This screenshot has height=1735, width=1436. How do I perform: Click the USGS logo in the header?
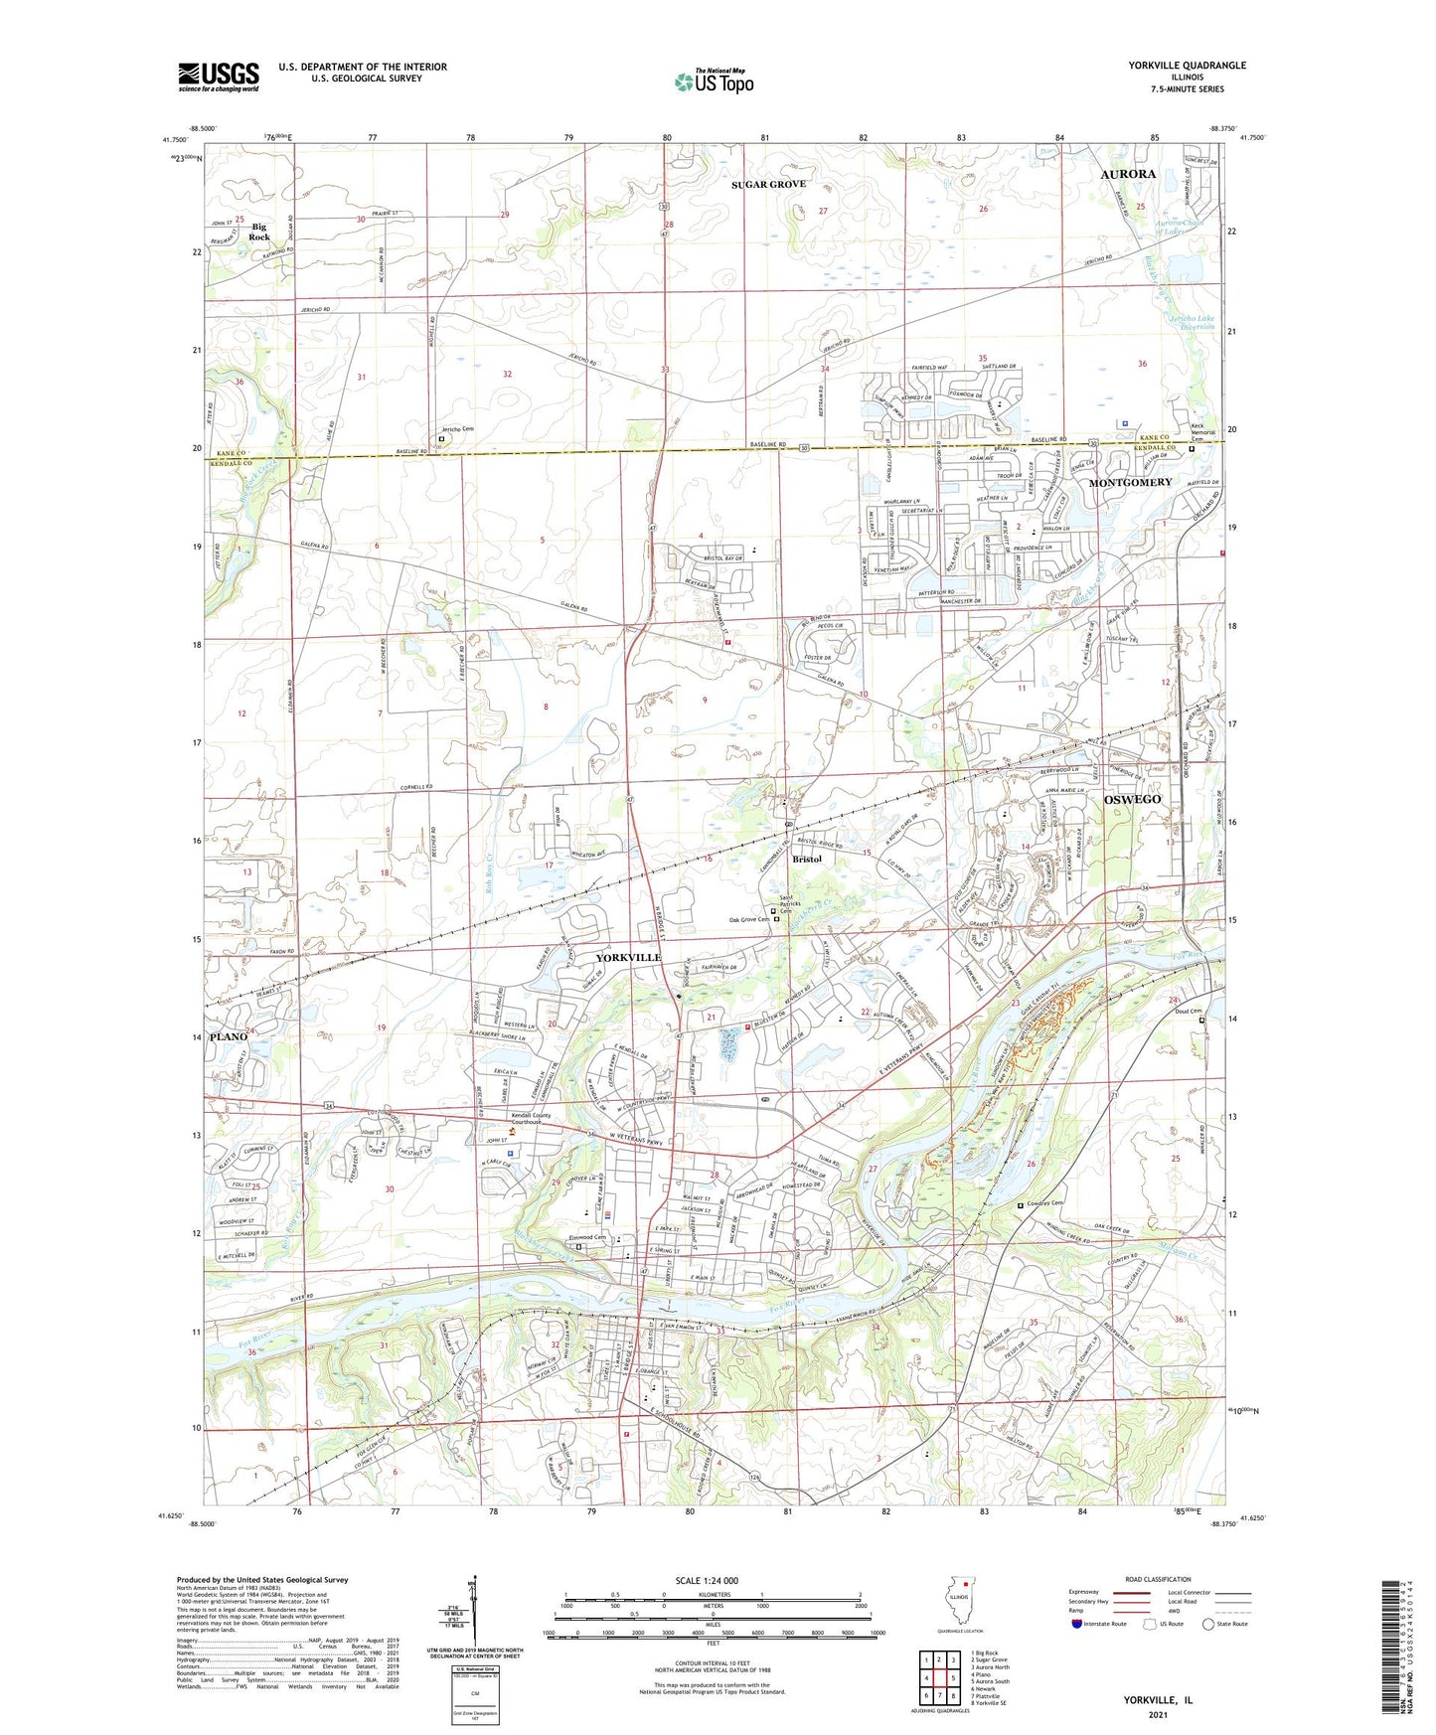click(x=219, y=77)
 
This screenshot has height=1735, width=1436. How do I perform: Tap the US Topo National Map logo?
click(x=714, y=81)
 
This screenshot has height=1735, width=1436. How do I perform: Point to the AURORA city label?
click(x=1128, y=174)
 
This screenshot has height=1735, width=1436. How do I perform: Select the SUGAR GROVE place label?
click(x=768, y=185)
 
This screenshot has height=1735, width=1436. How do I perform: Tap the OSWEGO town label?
click(x=1132, y=799)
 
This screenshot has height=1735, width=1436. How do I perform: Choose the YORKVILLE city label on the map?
click(x=628, y=957)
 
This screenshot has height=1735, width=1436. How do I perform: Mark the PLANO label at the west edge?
click(x=228, y=1036)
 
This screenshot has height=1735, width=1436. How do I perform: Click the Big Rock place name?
click(x=259, y=232)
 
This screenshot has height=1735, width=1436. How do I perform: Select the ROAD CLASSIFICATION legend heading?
click(x=1157, y=1579)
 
